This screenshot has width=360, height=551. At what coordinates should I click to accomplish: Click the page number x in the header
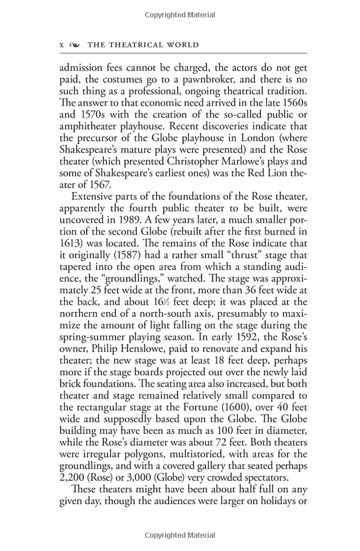coord(62,45)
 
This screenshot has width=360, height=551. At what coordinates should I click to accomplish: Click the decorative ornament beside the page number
coord(74,45)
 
